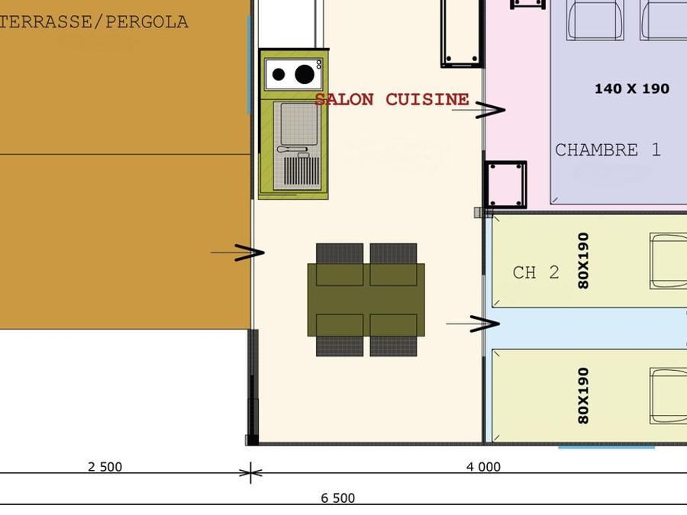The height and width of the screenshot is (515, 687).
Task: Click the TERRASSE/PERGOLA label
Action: tap(94, 22)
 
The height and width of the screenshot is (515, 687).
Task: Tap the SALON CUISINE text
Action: tap(392, 99)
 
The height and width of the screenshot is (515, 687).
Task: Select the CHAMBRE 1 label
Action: tap(608, 150)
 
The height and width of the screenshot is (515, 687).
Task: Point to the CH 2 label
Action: tap(536, 272)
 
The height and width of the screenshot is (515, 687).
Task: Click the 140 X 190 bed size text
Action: tap(632, 89)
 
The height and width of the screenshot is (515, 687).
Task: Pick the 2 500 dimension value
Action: tap(105, 467)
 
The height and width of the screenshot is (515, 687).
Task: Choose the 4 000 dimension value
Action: tap(483, 467)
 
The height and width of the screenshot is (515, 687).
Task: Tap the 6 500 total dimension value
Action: tap(338, 498)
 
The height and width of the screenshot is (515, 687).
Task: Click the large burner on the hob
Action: tap(305, 74)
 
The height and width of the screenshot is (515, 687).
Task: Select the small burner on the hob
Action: tap(279, 75)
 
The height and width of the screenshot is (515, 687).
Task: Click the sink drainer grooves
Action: tap(302, 171)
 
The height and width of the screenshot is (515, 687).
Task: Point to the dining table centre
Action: tap(366, 300)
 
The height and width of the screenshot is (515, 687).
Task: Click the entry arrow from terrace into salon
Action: tap(238, 253)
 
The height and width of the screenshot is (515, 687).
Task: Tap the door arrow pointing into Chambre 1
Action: tap(479, 110)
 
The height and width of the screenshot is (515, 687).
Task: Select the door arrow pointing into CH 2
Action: tap(473, 323)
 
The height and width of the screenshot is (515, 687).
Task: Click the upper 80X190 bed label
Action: tap(583, 261)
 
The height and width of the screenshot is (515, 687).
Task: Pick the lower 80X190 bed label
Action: tap(583, 395)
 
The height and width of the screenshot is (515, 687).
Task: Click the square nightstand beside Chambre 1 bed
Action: tap(505, 185)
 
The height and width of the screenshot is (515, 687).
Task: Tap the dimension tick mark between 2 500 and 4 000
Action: tap(250, 472)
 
